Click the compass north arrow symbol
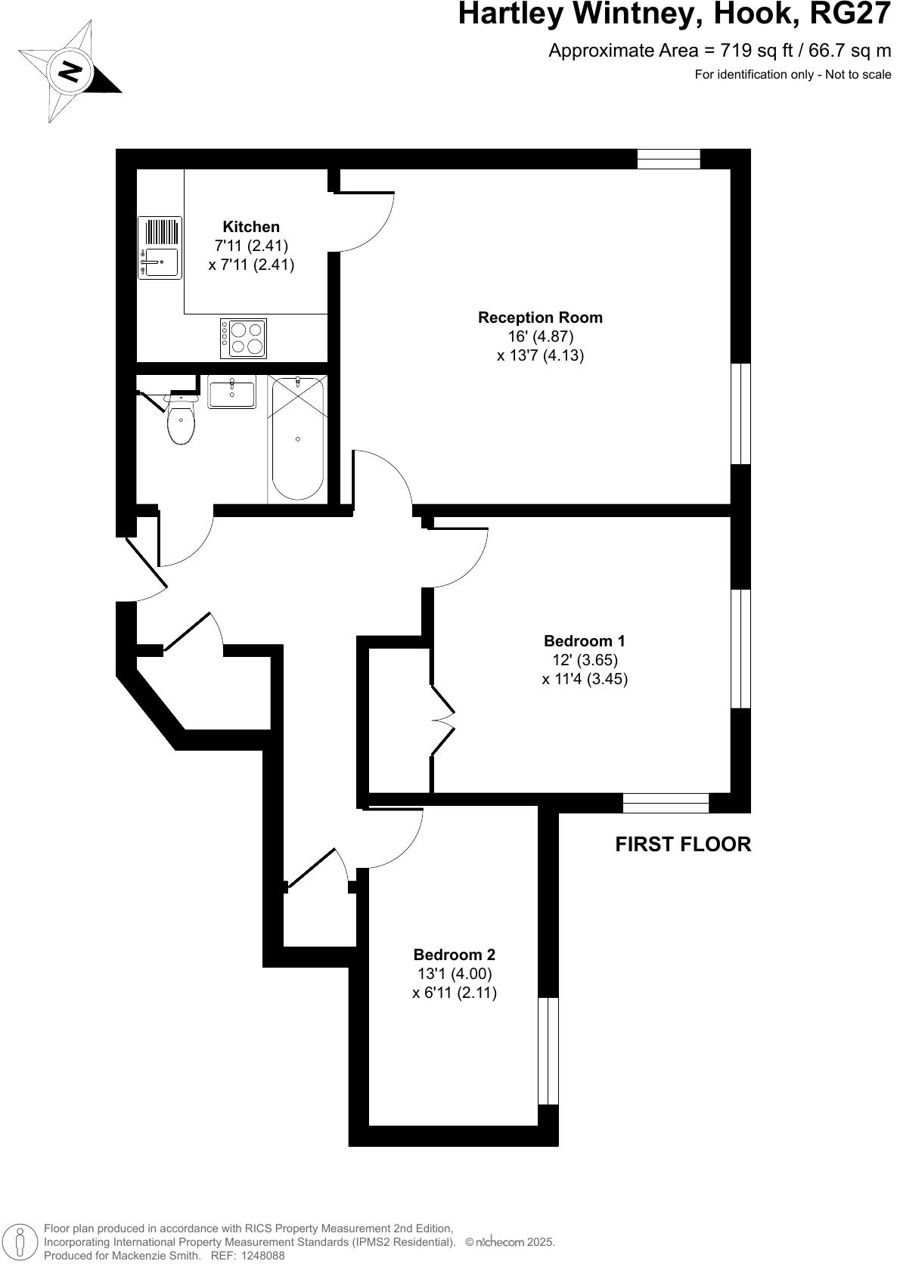pos(70,73)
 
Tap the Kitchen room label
pos(251,227)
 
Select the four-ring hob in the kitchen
pos(244,338)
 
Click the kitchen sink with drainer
pos(160,248)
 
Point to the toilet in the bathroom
pos(182,422)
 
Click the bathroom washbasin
pos(232,393)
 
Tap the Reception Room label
pos(540,318)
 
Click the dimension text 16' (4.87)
pos(540,336)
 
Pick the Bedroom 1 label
pos(585,641)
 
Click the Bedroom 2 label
pos(454,955)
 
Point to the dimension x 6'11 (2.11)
pos(454,993)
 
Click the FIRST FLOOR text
pos(683,844)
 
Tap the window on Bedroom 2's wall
pos(548,1051)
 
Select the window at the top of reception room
pos(669,159)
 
